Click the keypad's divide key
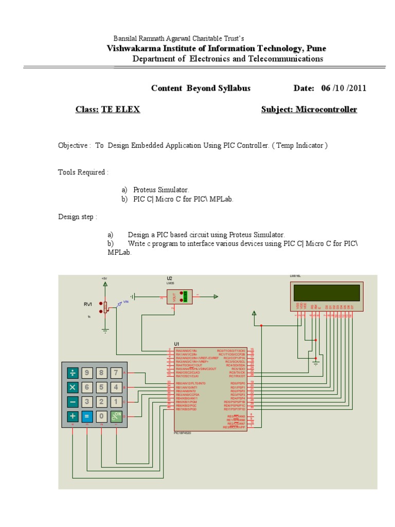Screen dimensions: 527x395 coord(73,373)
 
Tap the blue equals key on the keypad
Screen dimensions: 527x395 coord(87,416)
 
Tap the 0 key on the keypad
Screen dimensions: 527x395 coord(102,416)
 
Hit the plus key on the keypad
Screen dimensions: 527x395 coord(73,416)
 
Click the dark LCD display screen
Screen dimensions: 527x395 coord(327,292)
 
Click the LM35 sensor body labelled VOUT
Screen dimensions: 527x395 coord(179,296)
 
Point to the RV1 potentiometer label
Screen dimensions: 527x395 coord(88,305)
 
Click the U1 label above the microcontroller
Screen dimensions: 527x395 coord(176,343)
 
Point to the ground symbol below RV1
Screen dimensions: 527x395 coord(105,330)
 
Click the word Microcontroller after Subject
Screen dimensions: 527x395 coord(326,110)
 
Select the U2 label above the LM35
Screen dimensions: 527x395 coord(169,278)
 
